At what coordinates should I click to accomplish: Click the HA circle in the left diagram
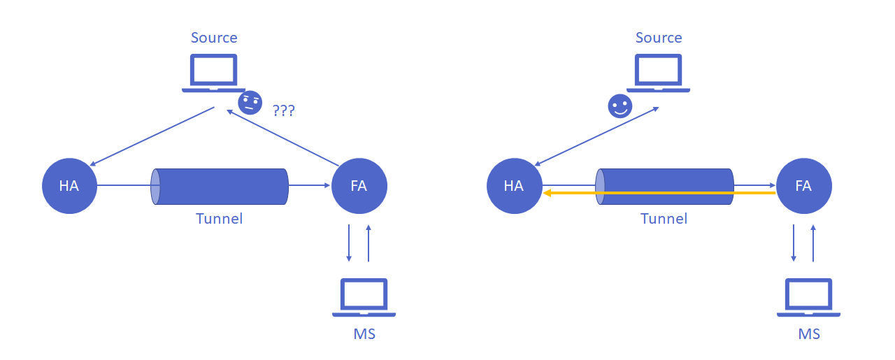pos(69,186)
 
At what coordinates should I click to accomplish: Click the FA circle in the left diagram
pos(359,186)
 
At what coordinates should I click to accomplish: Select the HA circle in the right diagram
pos(514,186)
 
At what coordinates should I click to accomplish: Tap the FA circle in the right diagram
pos(803,186)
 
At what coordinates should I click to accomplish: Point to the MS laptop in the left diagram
pos(364,297)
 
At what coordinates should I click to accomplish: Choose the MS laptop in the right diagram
pos(808,297)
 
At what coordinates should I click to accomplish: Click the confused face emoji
pos(250,103)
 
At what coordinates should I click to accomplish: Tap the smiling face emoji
pos(620,106)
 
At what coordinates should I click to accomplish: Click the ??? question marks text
pos(283,110)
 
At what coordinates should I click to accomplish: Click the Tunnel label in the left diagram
pos(219,219)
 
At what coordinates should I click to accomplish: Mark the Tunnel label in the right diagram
pos(664,219)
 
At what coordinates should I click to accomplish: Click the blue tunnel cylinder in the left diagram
pos(221,186)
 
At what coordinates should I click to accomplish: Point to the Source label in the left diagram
pos(214,38)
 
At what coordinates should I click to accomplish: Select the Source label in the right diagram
pos(659,38)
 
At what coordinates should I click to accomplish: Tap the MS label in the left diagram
pos(364,334)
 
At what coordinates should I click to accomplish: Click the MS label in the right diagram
pos(809,334)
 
